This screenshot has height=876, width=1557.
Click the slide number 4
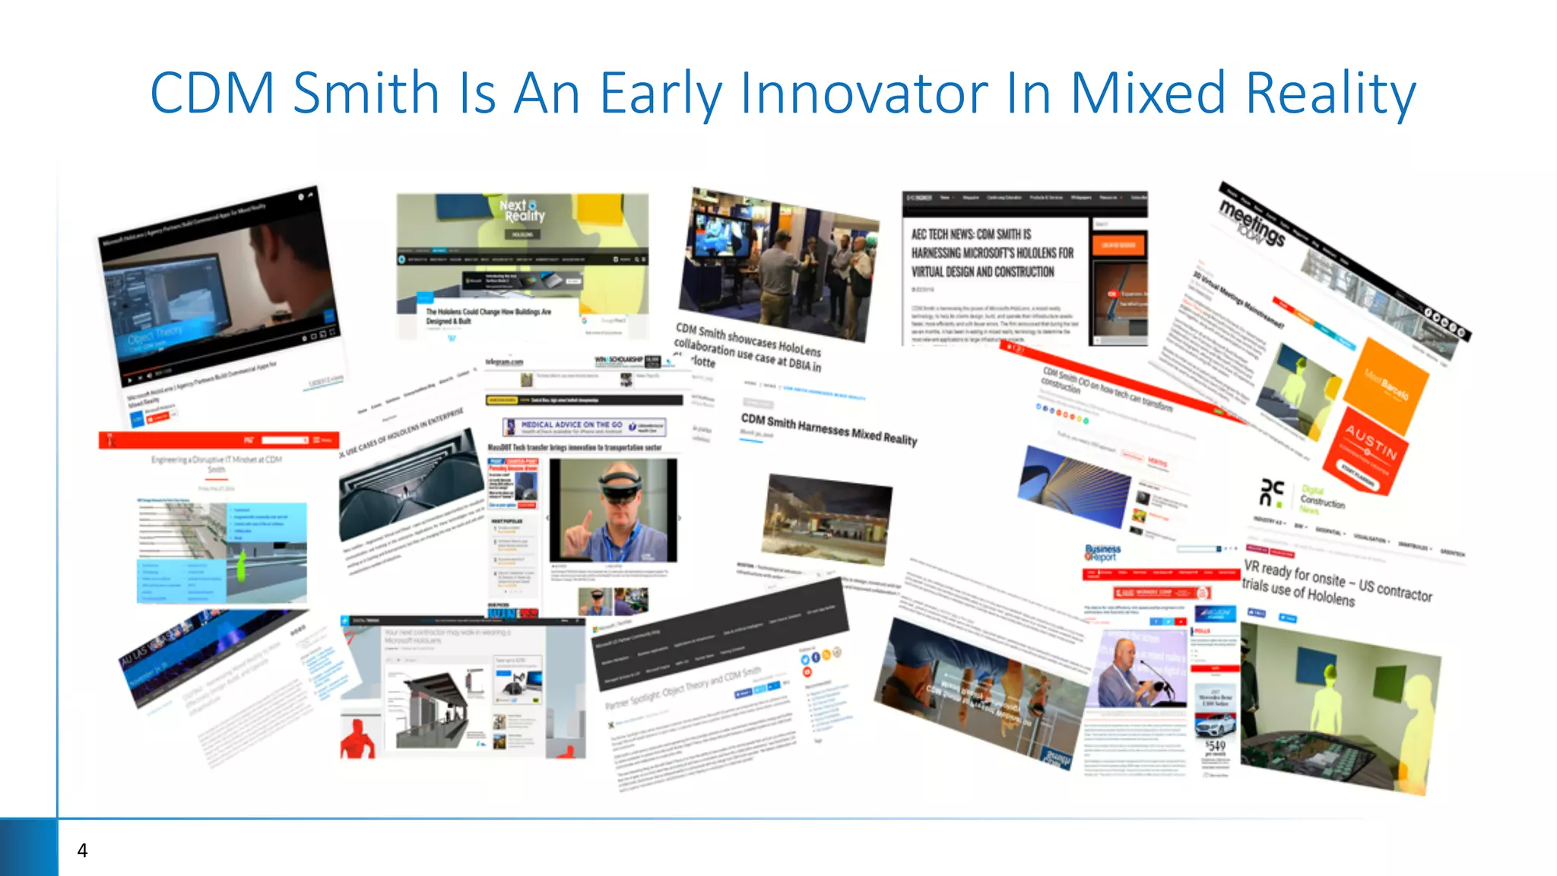[82, 850]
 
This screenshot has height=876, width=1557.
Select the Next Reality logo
[522, 211]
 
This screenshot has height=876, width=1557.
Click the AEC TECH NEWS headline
[992, 253]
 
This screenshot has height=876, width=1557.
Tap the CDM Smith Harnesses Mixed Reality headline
[829, 430]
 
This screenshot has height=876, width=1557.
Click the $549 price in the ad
[1215, 746]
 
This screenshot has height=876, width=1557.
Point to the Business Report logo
[1102, 552]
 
